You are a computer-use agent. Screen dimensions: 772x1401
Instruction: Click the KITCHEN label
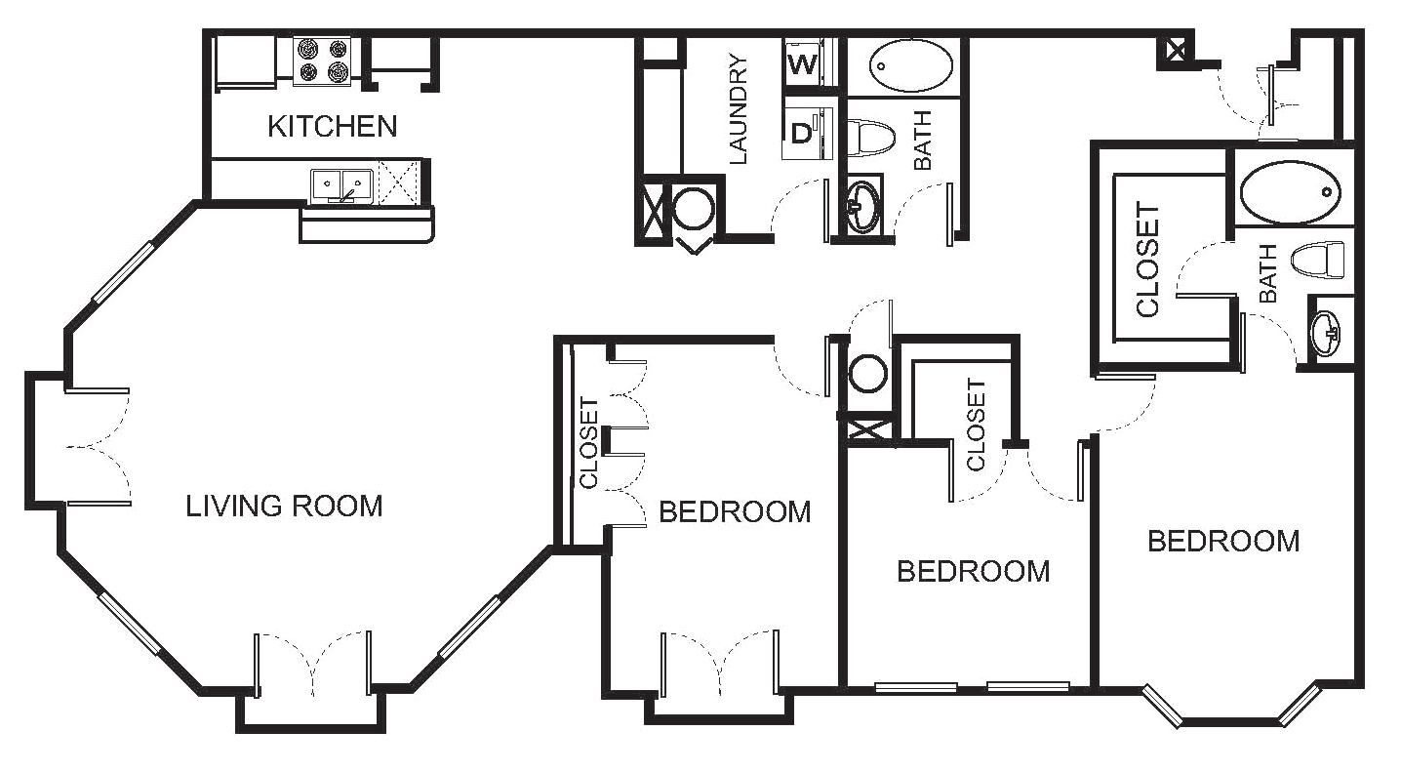pos(332,127)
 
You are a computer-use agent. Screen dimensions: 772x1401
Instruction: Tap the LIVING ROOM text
pos(286,506)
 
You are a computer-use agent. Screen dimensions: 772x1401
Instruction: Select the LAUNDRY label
pos(738,108)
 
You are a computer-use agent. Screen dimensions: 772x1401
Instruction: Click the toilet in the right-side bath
pos(1318,261)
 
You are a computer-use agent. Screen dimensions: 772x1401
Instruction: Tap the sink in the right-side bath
pos(1328,332)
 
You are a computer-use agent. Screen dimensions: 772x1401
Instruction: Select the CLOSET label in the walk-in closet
pos(1148,260)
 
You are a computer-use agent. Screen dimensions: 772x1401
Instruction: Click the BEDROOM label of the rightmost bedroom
pos(1222,541)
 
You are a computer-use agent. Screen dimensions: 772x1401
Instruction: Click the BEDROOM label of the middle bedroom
pos(974,571)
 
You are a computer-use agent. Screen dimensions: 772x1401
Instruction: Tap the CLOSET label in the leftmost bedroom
pos(588,444)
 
